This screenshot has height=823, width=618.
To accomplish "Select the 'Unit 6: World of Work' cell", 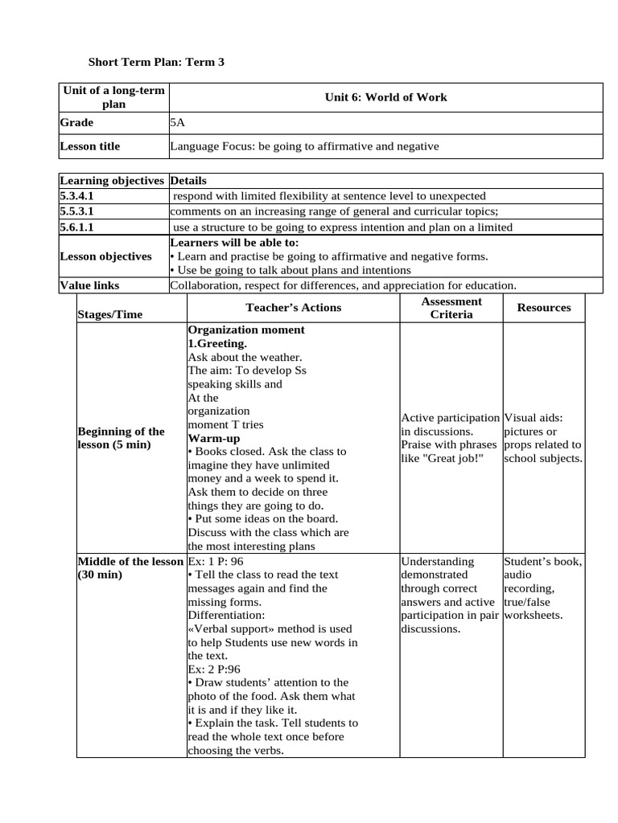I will pyautogui.click(x=385, y=97).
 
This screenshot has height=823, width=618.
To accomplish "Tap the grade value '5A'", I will pyautogui.click(x=177, y=123).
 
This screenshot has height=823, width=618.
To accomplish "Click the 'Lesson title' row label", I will pyautogui.click(x=90, y=146).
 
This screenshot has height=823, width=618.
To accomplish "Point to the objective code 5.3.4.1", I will pyautogui.click(x=77, y=196).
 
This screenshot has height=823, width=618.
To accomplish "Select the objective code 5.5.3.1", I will pyautogui.click(x=77, y=211).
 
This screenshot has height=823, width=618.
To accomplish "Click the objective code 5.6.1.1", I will pyautogui.click(x=77, y=227).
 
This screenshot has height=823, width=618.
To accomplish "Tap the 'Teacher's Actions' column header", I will pyautogui.click(x=293, y=308).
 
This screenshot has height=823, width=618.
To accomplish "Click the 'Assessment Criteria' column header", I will pyautogui.click(x=451, y=308).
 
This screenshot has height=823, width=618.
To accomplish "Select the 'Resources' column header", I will pyautogui.click(x=544, y=308).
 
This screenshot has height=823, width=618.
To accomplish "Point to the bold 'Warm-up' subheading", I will pyautogui.click(x=213, y=438).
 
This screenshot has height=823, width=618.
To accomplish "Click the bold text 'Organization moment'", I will pyautogui.click(x=246, y=330).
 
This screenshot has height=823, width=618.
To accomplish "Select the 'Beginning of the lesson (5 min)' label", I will pyautogui.click(x=121, y=438).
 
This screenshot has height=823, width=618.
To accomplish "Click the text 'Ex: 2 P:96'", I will pyautogui.click(x=214, y=669).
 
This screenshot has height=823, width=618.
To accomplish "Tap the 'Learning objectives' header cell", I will pyautogui.click(x=112, y=181).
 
